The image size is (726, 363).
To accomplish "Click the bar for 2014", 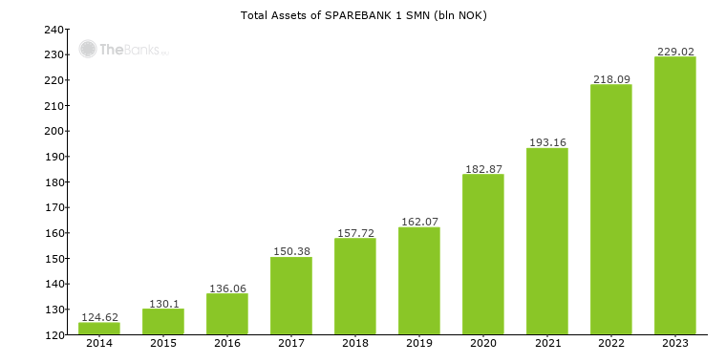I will coord(99,329).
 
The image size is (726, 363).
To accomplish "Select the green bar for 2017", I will coord(291,296).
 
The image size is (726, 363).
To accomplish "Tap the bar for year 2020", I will coord(483,254).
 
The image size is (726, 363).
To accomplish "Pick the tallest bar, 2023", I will coord(675,196).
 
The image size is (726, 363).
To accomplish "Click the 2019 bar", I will coord(419,281).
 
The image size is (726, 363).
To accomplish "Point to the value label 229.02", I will coord(675,52).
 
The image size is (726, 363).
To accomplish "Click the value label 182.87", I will coord(483,169).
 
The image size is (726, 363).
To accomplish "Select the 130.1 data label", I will coord(163,304).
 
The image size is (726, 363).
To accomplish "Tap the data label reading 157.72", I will coord(355,233).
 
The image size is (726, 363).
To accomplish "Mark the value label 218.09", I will coord(611,79).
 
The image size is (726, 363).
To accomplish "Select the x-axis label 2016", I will coord(227,344).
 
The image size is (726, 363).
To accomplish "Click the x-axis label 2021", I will coord(547,344).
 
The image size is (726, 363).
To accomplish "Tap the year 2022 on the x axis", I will coord(611,344).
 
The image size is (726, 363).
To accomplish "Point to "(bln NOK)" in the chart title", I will coord(458,15).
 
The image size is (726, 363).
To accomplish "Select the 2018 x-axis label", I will coord(355,344).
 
